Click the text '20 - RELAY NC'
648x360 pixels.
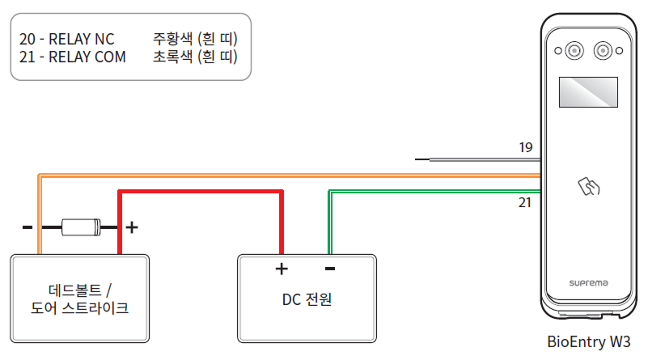[66, 39]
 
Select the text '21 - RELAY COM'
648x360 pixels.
[72, 57]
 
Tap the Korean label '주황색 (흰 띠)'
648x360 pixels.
[195, 39]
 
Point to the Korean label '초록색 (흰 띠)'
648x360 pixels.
[195, 57]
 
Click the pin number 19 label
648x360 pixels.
[526, 147]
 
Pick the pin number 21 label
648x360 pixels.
[526, 202]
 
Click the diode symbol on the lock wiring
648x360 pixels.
[81, 227]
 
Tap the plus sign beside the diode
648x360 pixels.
[132, 227]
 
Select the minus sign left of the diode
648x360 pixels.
[28, 227]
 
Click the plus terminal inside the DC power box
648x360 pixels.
[282, 269]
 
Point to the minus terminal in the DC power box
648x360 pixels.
[330, 269]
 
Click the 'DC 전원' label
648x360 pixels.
[307, 299]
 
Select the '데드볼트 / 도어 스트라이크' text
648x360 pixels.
[78, 299]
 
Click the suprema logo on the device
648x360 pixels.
[588, 283]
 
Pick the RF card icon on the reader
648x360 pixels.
[588, 188]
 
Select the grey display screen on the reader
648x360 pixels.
[588, 92]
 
